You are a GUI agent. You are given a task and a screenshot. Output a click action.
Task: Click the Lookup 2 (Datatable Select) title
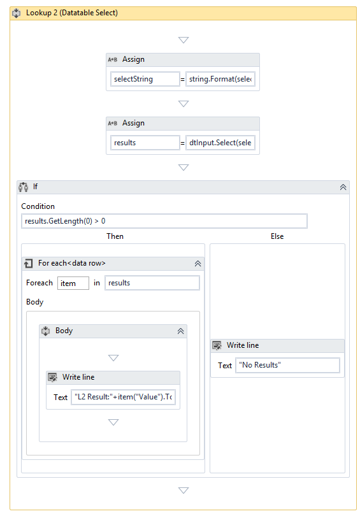72,13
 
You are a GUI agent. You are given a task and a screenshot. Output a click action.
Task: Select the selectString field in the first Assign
145,79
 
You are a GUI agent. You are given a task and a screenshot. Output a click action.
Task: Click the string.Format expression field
220,79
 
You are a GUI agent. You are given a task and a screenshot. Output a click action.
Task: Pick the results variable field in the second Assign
145,143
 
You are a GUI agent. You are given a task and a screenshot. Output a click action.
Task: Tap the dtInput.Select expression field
220,143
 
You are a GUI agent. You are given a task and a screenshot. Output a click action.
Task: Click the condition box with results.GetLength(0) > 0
164,221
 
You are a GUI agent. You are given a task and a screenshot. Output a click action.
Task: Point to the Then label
115,236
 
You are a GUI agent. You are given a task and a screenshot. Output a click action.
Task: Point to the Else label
277,236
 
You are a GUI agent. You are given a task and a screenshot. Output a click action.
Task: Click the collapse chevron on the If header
343,187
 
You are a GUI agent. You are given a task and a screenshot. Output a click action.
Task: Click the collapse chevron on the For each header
198,264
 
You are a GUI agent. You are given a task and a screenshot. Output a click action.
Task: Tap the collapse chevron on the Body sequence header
181,331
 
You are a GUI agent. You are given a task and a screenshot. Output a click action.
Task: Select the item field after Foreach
73,283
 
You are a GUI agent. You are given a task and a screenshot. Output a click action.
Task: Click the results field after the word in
152,283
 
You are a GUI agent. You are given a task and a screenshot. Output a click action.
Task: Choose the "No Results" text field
287,365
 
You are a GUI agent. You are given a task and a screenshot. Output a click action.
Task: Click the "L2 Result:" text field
124,397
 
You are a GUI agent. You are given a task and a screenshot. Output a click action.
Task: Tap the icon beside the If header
24,187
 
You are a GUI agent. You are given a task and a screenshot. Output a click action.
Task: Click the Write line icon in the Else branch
217,345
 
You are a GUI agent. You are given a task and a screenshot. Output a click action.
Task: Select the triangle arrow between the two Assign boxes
184,104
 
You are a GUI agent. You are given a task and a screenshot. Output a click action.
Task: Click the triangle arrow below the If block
184,491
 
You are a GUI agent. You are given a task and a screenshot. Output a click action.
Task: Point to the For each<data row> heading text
72,263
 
